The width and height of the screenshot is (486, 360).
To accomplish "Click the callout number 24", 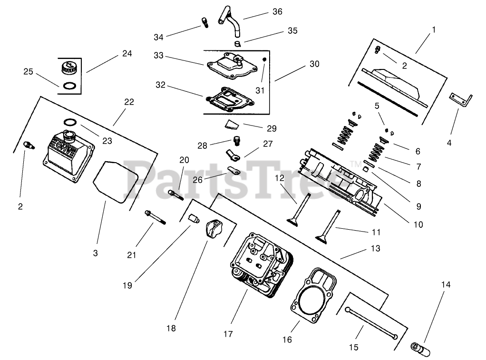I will [126, 53].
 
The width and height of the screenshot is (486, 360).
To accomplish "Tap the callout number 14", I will [445, 285].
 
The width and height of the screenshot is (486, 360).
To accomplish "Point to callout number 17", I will [228, 334].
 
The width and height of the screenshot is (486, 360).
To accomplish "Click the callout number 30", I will [314, 64].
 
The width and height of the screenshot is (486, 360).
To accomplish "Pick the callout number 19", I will [127, 285].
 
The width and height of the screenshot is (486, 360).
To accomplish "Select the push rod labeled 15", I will [371, 321].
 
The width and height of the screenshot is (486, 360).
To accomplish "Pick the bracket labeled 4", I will [461, 100].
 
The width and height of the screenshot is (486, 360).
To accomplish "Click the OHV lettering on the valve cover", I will [60, 144].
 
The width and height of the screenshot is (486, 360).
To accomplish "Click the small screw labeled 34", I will [206, 22].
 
